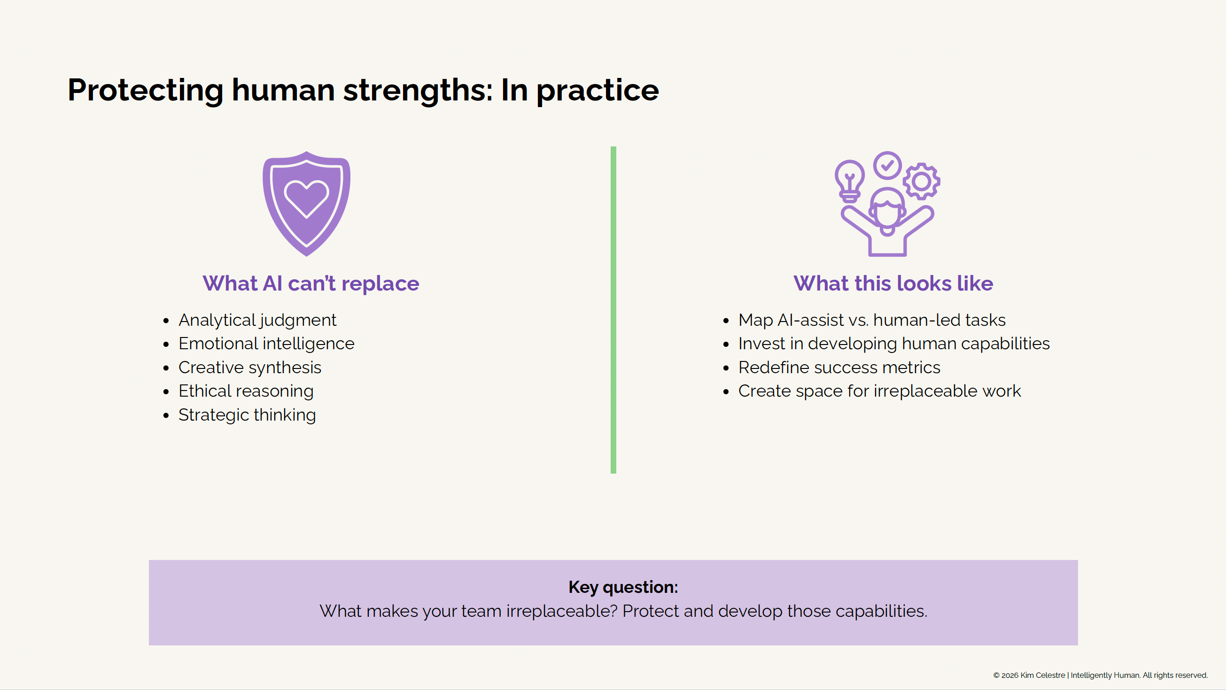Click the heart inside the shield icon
[x=306, y=197]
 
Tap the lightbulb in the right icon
[x=850, y=180]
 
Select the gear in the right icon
[x=922, y=181]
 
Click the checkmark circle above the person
[x=887, y=165]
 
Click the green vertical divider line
[x=613, y=310]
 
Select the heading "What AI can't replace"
[x=311, y=284]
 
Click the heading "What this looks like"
[x=893, y=284]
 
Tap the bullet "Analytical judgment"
[x=257, y=320]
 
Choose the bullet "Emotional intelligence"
[x=266, y=343]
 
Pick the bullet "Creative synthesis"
[x=250, y=367]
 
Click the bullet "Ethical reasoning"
[x=246, y=391]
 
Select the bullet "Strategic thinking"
[x=247, y=414]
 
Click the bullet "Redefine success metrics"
[x=838, y=367]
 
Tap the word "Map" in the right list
[x=755, y=320]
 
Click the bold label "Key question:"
[x=623, y=587]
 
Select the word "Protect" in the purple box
[x=650, y=611]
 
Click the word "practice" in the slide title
[x=597, y=90]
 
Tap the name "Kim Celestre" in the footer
[x=1042, y=675]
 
